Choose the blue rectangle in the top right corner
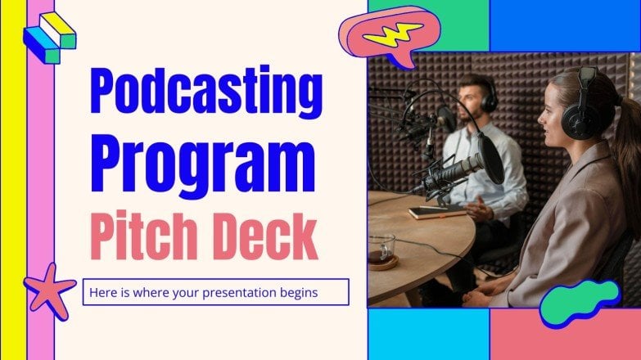(x=565, y=25)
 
